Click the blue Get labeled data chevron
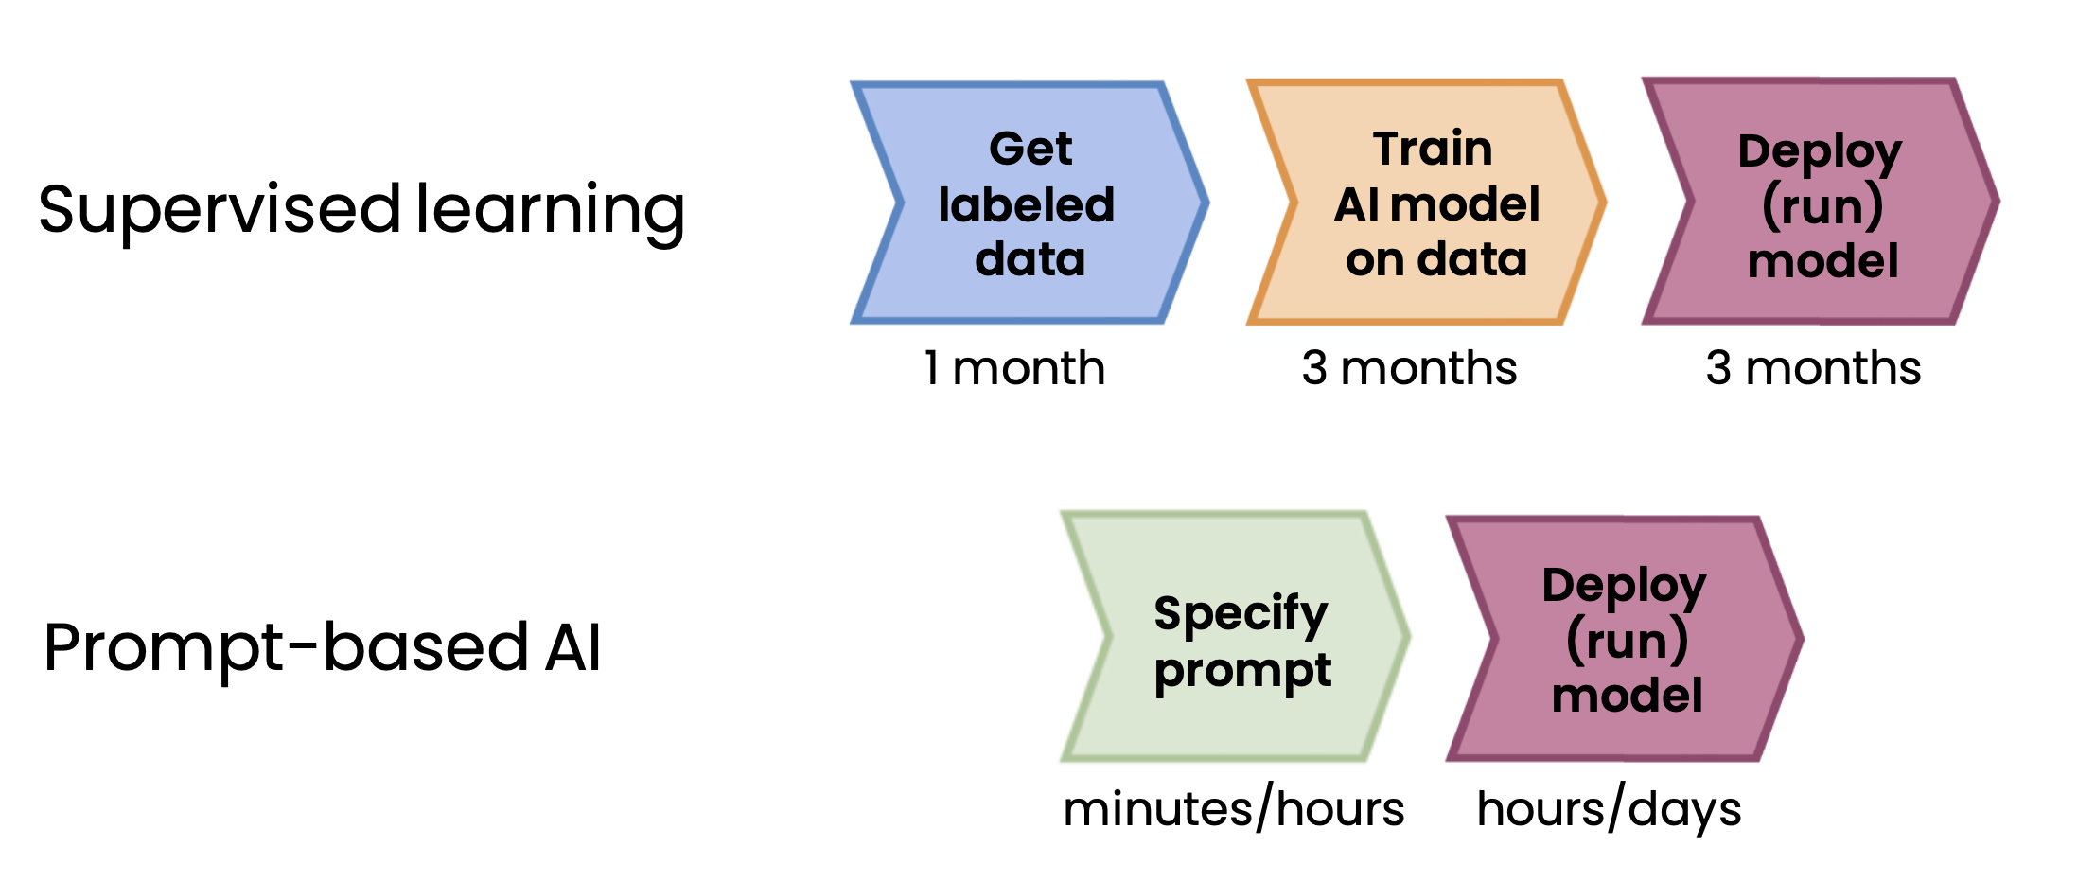click(x=1030, y=203)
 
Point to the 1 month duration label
click(x=1014, y=367)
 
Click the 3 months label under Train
click(x=1409, y=367)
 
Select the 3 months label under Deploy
click(x=1813, y=367)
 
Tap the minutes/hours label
click(x=1234, y=809)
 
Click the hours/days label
click(x=1609, y=809)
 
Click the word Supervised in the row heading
click(x=220, y=210)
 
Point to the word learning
click(x=550, y=210)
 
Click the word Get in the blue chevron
click(x=1030, y=149)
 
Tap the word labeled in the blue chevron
click(x=1027, y=204)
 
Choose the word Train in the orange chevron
click(x=1433, y=149)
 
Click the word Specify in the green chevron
click(x=1241, y=613)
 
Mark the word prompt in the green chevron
click(x=1242, y=671)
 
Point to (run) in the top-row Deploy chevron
click(x=1822, y=206)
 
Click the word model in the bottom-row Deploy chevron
click(x=1628, y=696)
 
